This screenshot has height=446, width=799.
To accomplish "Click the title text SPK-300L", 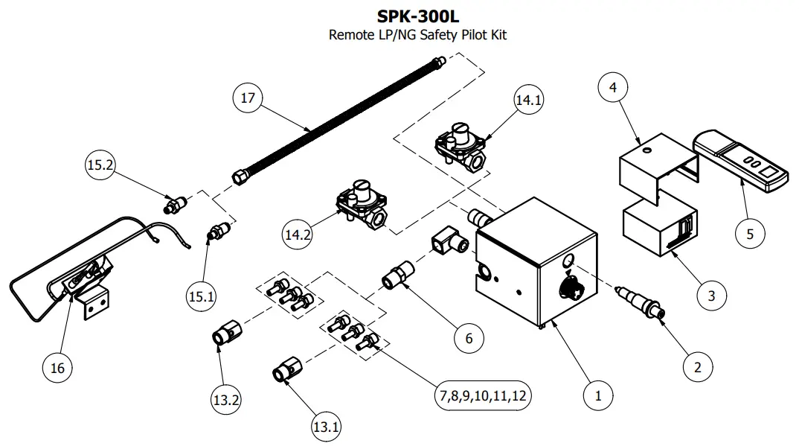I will [418, 16].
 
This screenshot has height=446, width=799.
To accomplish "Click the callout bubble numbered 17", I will [248, 98].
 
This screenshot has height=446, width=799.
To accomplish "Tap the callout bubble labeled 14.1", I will [529, 101].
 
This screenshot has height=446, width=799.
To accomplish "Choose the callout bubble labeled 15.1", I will [201, 296].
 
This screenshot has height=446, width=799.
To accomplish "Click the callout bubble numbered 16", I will [58, 366].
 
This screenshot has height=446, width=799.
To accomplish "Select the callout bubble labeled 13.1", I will [326, 427].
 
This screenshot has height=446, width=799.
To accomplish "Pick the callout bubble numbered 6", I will [469, 337].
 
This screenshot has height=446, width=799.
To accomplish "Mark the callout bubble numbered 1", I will [597, 395].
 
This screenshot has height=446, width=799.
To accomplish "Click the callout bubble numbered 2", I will [697, 366].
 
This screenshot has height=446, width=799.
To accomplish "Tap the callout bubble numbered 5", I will [750, 233].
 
